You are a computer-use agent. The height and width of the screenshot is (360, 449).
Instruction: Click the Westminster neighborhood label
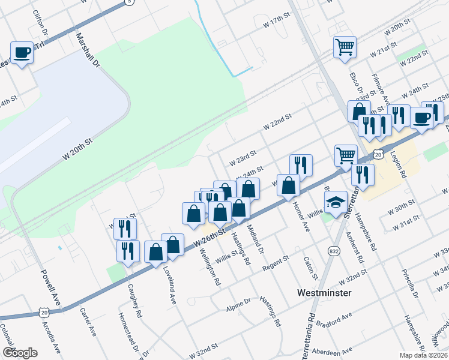[x=325, y=293]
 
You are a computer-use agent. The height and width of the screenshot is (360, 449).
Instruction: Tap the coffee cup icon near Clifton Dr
[x=22, y=53]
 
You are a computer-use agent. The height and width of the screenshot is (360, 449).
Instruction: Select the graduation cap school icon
[x=336, y=203]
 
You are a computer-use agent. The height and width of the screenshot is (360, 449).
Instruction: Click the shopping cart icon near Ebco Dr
[x=345, y=47]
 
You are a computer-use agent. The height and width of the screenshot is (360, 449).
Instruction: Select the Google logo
[x=20, y=353]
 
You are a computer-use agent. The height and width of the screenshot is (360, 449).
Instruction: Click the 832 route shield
[x=333, y=250]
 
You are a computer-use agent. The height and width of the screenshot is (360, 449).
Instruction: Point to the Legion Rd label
[x=398, y=164]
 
